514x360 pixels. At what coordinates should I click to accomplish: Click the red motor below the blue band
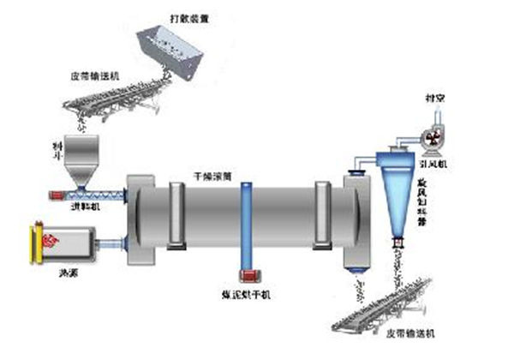[x=249, y=278]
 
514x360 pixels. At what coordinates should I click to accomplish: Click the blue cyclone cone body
[x=397, y=201]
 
